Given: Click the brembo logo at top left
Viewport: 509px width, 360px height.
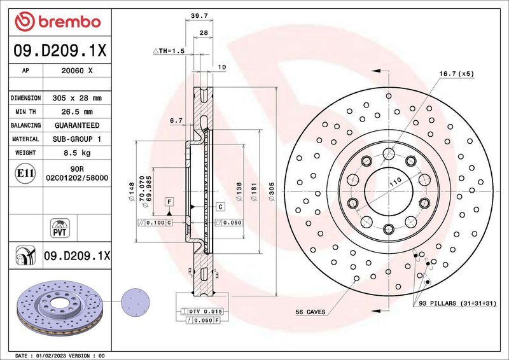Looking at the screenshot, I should [x=58, y=21].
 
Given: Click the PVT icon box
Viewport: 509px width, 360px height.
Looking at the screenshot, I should [x=59, y=228].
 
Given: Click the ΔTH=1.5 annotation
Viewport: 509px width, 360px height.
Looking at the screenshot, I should [x=169, y=50].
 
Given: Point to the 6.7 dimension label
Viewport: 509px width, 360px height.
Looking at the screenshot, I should [x=176, y=120].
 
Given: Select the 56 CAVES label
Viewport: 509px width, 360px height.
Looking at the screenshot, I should [x=310, y=312].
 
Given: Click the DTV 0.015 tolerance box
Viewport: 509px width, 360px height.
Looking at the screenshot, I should [x=203, y=310].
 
